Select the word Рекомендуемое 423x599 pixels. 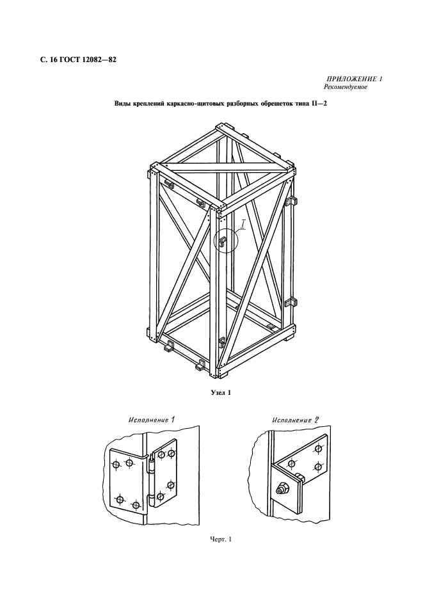click(x=346, y=88)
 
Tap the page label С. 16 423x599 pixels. click(x=48, y=60)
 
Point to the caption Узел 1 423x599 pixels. click(x=221, y=392)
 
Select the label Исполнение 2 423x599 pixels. click(x=296, y=420)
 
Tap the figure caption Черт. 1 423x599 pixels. click(x=221, y=539)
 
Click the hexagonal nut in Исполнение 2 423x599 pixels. click(x=280, y=488)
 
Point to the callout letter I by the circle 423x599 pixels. click(x=243, y=224)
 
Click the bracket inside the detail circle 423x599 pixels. click(x=223, y=242)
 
